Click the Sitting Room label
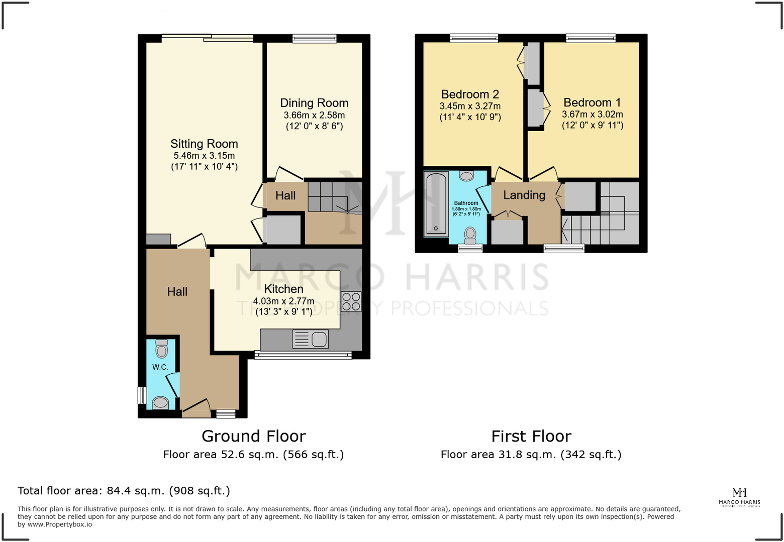click(204, 144)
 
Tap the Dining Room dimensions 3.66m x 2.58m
click(314, 115)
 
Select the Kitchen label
click(283, 289)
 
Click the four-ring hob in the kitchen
click(351, 301)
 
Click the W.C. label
click(160, 367)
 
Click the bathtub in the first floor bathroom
click(436, 203)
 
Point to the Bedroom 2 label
click(469, 94)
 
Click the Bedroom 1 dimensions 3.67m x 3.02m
click(592, 115)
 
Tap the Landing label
click(524, 195)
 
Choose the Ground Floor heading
click(253, 436)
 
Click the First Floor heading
click(531, 436)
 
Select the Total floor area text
click(124, 491)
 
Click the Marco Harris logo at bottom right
click(739, 497)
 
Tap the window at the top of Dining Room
click(314, 39)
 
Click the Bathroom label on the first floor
click(466, 203)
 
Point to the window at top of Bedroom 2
click(473, 38)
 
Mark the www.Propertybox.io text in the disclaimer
click(60, 524)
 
